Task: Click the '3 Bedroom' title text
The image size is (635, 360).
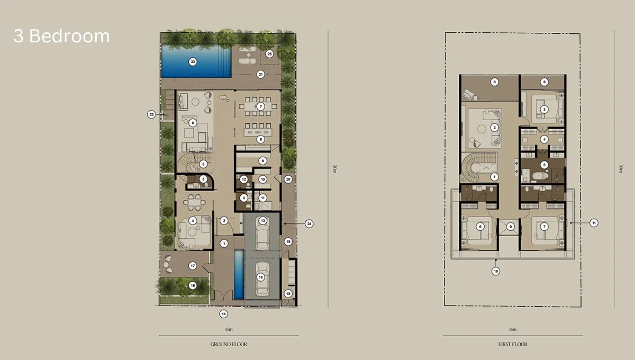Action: point(61,36)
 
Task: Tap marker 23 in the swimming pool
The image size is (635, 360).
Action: point(193,62)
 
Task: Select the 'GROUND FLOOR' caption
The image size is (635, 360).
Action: point(229,344)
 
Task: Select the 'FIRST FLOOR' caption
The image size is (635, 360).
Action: point(513,344)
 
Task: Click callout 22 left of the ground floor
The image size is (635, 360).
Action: point(151,114)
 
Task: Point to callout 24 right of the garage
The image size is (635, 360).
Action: point(309,224)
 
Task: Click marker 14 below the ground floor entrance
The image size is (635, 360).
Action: point(224,314)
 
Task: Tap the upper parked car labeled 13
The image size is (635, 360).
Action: point(262,233)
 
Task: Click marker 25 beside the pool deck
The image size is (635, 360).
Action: point(269,53)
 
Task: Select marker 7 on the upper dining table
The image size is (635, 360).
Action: point(260,106)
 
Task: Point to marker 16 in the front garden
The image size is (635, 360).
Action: point(192,285)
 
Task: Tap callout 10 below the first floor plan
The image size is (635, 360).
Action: point(496,271)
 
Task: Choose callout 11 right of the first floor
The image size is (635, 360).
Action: point(594,223)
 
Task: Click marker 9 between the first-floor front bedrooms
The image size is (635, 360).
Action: point(510,227)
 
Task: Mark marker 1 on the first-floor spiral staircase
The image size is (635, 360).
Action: point(494,176)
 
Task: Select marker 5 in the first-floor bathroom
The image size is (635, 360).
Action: point(544,165)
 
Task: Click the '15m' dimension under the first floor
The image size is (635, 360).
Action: point(513,329)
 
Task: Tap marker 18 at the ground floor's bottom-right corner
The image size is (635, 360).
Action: point(288,293)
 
